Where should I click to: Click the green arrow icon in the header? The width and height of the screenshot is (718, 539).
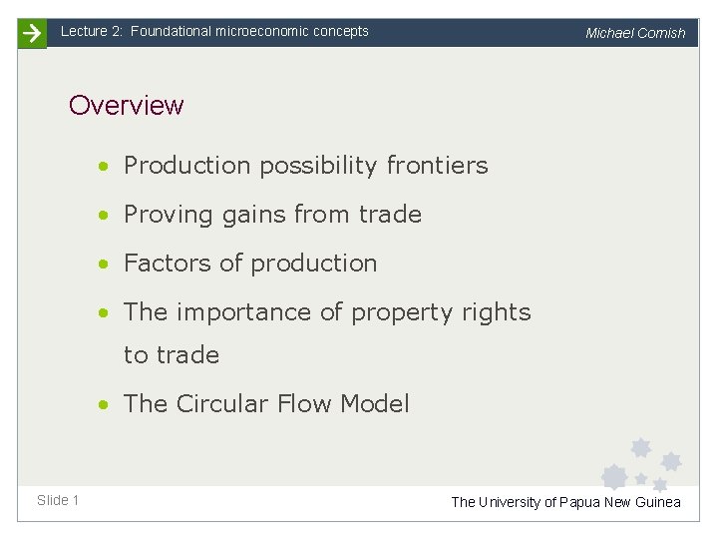(32, 33)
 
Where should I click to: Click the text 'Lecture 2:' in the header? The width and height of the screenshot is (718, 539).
(92, 31)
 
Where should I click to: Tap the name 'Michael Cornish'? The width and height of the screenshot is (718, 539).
(635, 33)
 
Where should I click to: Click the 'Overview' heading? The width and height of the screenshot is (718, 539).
(127, 105)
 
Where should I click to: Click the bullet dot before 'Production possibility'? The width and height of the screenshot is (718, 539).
(105, 166)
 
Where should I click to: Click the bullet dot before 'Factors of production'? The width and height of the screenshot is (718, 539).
(105, 264)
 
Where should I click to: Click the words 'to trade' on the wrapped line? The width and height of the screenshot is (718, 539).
(172, 355)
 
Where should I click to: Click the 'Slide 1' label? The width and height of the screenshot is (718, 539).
(58, 500)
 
